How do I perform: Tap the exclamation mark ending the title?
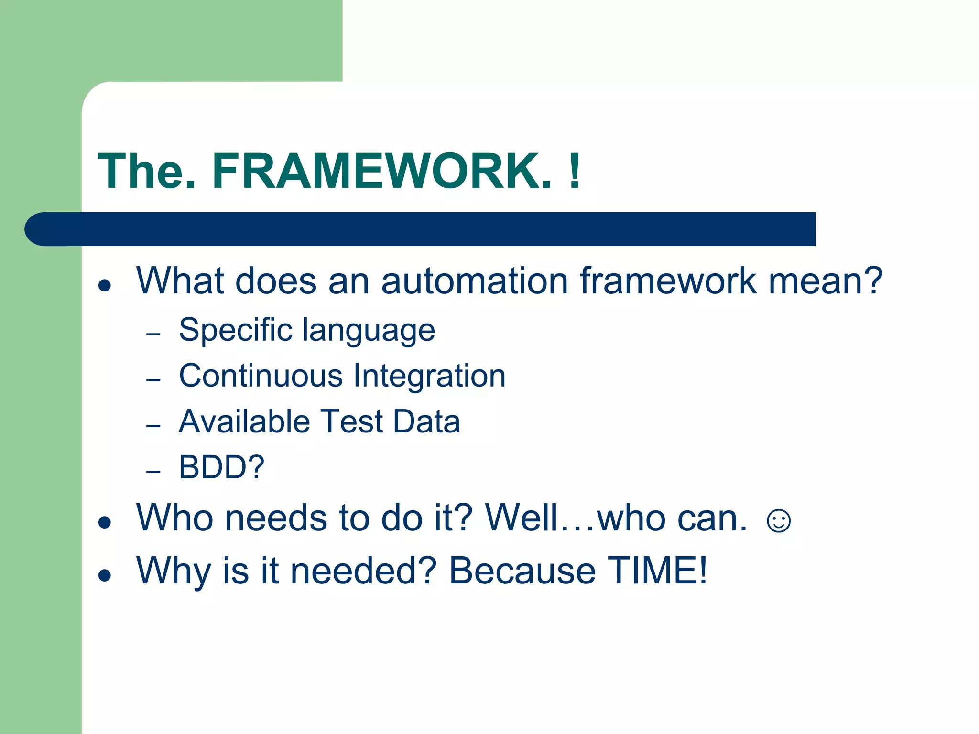coord(575,171)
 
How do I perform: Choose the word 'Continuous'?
coord(261,376)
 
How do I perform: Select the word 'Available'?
coord(244,421)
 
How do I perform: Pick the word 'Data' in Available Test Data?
coord(426,421)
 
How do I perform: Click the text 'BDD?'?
coord(221,467)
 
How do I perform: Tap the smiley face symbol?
coord(778,520)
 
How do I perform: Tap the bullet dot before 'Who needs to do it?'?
coord(105,522)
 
